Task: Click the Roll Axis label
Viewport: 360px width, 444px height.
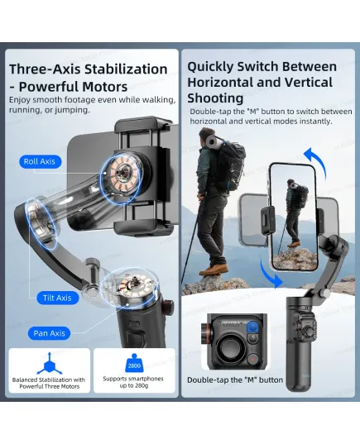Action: (40, 162)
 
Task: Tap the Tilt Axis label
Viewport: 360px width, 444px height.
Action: (58, 298)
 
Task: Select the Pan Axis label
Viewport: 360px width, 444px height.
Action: (50, 333)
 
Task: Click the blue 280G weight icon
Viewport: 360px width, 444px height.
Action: (134, 363)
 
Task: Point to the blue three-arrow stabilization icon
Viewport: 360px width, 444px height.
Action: (50, 364)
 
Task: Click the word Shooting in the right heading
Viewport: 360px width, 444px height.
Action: (215, 98)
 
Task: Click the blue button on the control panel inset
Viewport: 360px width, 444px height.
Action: (253, 327)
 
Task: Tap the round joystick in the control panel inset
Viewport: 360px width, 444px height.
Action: (230, 347)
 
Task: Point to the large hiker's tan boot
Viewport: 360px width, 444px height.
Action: (214, 270)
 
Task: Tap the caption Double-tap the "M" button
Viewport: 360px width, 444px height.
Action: (235, 380)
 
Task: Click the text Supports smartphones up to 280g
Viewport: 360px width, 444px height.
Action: (133, 382)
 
